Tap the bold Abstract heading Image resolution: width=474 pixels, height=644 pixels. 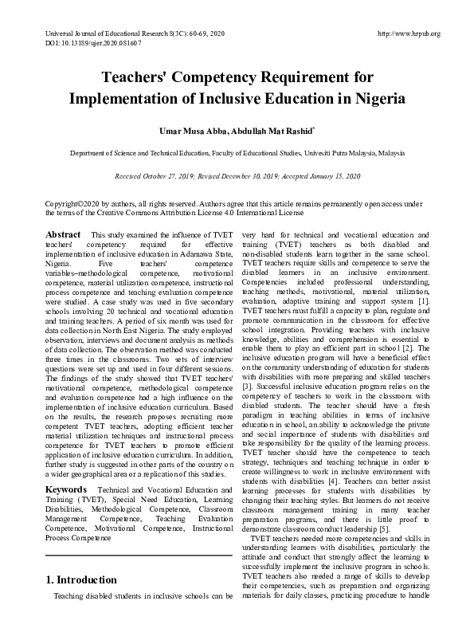pyautogui.click(x=63, y=235)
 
